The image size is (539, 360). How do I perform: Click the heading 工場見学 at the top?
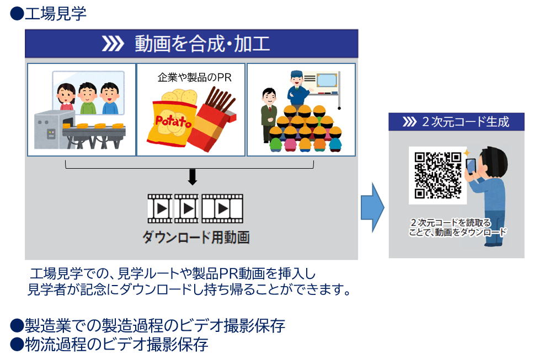coord(55,14)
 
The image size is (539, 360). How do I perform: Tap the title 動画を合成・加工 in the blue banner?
coord(202,44)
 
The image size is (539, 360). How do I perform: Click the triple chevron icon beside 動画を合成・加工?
coord(113,44)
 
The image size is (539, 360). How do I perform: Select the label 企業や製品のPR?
coord(195,77)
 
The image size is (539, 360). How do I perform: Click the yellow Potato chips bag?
coord(171,118)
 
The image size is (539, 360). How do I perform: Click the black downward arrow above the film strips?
coord(193,176)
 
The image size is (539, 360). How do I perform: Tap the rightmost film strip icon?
coord(222,208)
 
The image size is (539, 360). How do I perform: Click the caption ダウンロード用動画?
coord(196,237)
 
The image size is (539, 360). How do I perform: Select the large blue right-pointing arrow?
coord(372,207)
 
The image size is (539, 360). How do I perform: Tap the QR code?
coord(437,175)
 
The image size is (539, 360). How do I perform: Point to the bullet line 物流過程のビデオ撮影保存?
coord(109,344)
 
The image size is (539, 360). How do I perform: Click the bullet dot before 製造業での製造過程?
coord(17,325)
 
